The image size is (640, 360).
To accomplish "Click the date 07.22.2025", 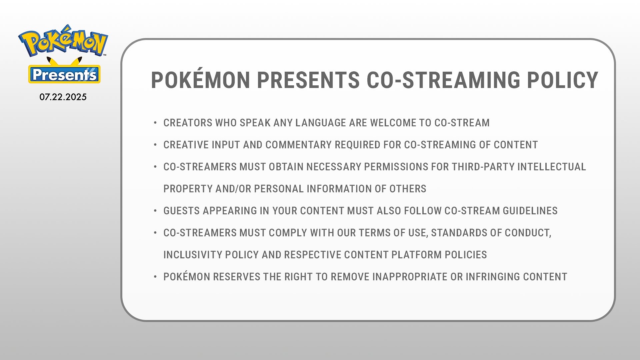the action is point(63,97).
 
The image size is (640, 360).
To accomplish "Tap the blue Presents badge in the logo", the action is point(64,74).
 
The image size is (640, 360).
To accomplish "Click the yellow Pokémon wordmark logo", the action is point(63,40).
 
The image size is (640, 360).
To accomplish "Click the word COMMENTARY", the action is point(299,145).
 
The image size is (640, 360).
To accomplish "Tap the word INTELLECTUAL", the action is point(552,167).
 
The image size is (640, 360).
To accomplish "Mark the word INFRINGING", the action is point(492,277).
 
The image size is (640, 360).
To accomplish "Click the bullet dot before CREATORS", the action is point(155,123).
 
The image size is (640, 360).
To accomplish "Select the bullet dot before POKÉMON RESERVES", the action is point(155,277).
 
